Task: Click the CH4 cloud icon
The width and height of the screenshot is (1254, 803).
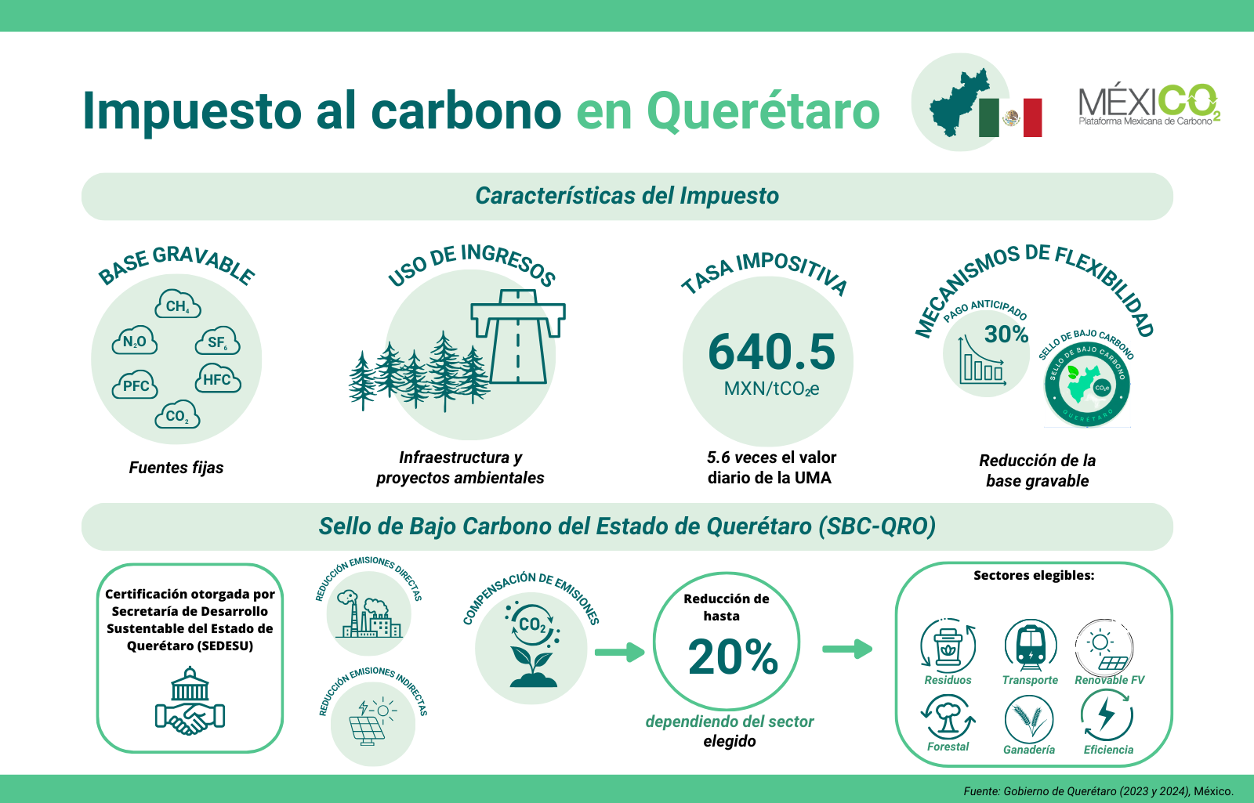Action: tap(178, 304)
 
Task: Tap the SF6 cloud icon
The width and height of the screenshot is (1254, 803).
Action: tap(218, 340)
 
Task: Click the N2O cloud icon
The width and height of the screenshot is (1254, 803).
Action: tap(134, 340)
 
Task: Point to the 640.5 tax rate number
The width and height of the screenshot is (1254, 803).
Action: tap(771, 352)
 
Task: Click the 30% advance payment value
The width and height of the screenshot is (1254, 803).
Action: tap(1006, 334)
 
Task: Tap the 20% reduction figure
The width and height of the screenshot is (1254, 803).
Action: tap(733, 657)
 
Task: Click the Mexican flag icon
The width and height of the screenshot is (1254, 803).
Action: tap(1010, 118)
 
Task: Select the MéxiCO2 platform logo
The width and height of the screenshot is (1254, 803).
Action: tap(1149, 105)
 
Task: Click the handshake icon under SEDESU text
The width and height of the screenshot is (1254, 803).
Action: tap(190, 700)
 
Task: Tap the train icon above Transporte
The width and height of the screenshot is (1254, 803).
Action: tap(1031, 646)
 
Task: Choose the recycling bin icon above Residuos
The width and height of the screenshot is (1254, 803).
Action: tap(948, 646)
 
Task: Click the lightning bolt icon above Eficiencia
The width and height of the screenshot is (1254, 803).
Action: tap(1107, 716)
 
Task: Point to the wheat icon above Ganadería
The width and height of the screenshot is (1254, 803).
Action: tap(1029, 719)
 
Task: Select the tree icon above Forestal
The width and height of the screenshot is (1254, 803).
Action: tap(948, 717)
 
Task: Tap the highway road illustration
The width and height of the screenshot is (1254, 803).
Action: tap(518, 336)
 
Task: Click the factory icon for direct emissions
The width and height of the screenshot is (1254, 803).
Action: tap(368, 614)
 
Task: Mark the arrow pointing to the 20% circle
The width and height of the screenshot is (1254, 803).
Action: tap(620, 652)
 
